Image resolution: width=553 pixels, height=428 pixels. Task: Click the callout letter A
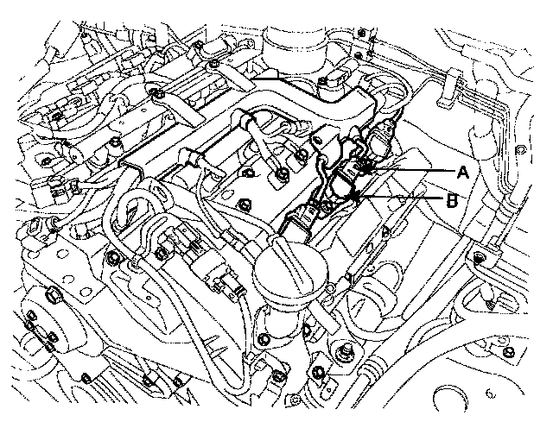click(463, 173)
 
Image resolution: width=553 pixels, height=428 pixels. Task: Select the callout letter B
click(452, 201)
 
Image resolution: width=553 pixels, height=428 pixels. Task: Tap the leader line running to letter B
click(400, 197)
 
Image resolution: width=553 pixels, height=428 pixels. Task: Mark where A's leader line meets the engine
click(366, 170)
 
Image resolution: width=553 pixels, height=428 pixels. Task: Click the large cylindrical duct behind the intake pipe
click(295, 51)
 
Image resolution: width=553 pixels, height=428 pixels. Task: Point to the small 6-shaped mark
click(490, 393)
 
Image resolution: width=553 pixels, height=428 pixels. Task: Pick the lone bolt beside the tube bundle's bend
click(519, 149)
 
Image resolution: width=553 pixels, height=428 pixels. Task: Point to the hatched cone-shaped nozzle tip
click(489, 303)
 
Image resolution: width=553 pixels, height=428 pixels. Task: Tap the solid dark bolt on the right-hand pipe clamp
click(479, 258)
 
